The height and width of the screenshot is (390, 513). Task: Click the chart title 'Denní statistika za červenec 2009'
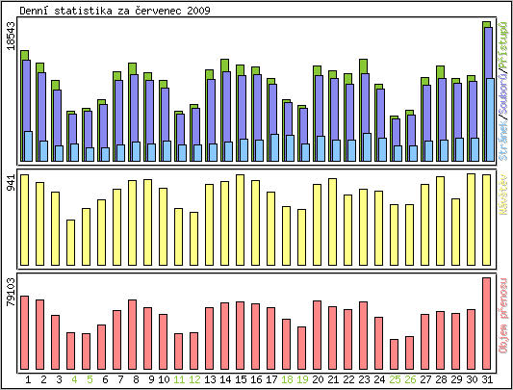115,10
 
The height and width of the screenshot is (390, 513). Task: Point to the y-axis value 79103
11,292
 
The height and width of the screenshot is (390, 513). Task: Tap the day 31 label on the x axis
487,379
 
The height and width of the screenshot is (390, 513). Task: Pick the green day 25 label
395,379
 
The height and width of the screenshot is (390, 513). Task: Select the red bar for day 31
487,318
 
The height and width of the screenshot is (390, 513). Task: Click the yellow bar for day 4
70,241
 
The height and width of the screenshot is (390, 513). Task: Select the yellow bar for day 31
487,218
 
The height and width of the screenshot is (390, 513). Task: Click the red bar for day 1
25,327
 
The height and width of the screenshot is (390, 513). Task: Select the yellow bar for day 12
194,237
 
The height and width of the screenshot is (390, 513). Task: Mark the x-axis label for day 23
364,379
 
